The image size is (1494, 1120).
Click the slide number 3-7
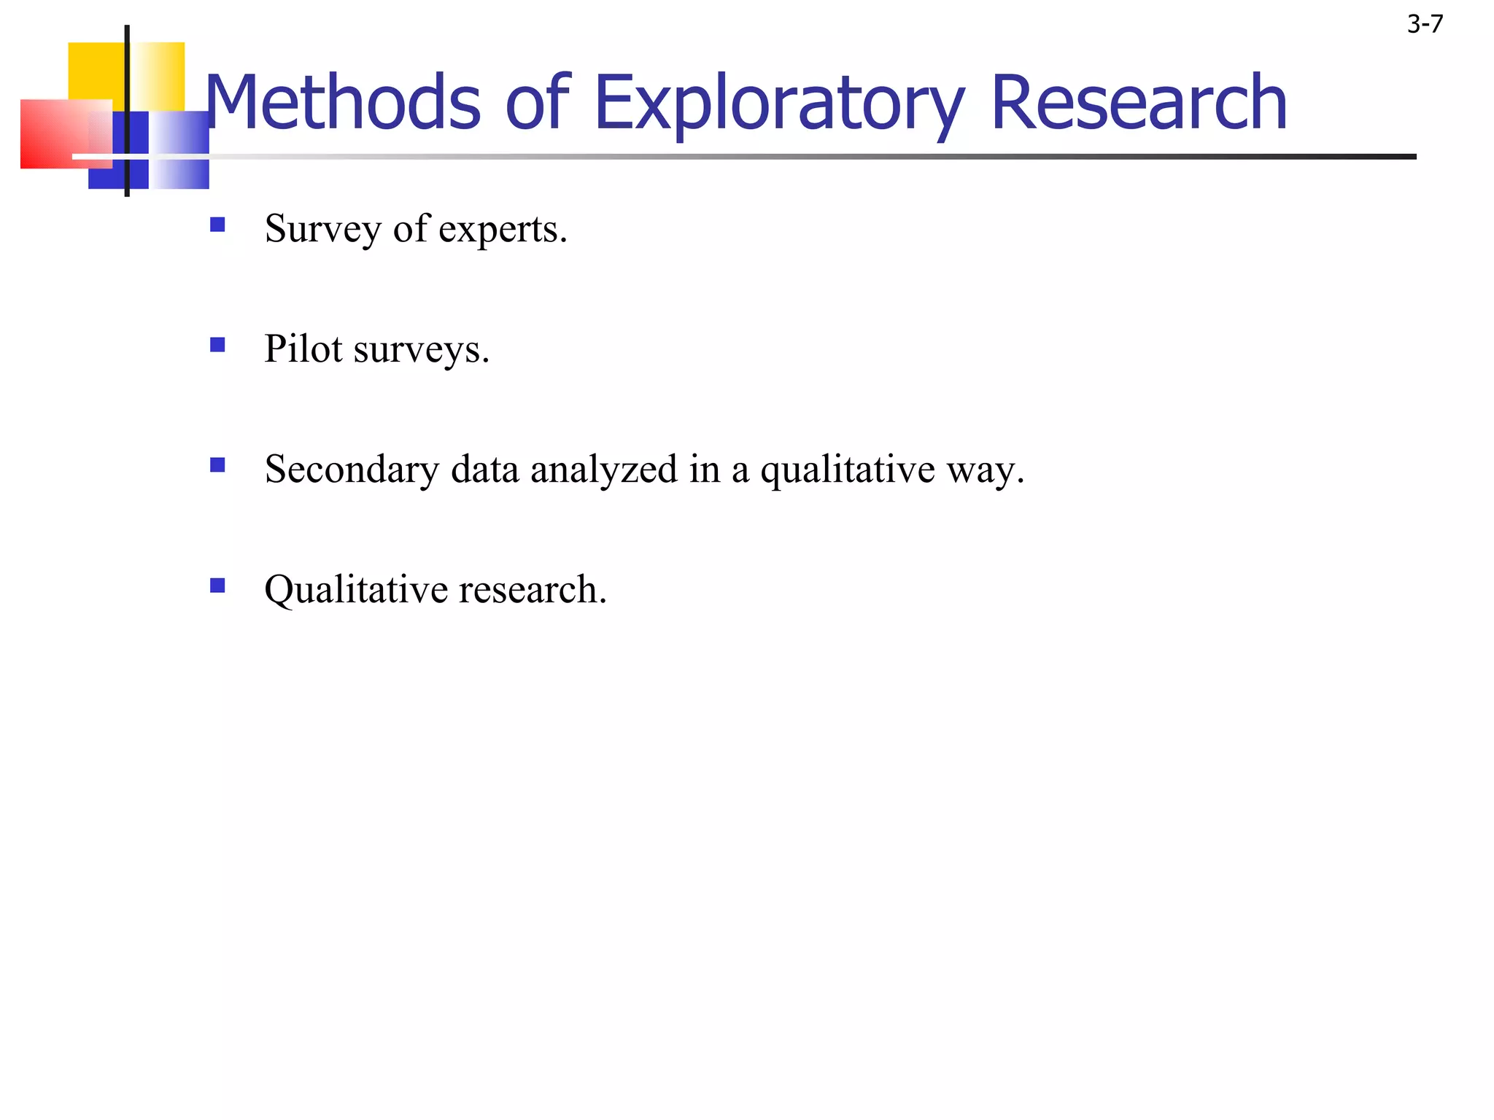[1425, 25]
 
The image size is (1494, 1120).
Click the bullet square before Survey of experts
[217, 224]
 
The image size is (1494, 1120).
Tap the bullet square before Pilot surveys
[217, 344]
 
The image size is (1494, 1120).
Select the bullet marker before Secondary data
[217, 464]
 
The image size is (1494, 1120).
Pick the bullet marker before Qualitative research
[217, 585]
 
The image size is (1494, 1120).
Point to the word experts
[502, 229]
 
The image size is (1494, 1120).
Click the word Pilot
[303, 349]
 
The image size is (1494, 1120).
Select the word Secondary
[352, 470]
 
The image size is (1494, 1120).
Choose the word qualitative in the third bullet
[848, 470]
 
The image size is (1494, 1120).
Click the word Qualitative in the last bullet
[356, 590]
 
